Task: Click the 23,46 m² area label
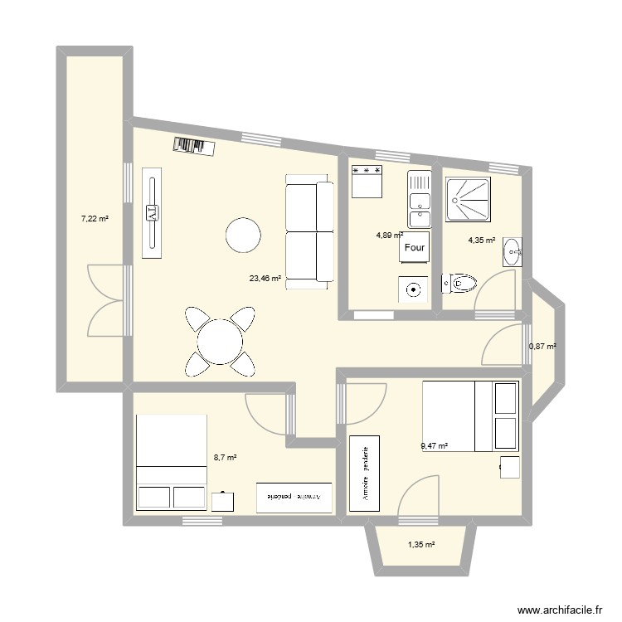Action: pos(265,279)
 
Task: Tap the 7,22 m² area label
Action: pos(95,219)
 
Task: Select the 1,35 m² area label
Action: pos(421,545)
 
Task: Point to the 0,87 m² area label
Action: pos(542,347)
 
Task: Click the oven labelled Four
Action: pos(414,247)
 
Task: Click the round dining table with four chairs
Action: pos(220,339)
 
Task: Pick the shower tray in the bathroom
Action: pos(468,199)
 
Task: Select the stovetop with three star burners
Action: pos(367,182)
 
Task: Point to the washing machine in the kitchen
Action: pos(414,289)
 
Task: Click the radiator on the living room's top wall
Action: pos(194,147)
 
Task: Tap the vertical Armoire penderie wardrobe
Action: pos(364,473)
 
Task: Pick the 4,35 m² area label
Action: pos(482,241)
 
